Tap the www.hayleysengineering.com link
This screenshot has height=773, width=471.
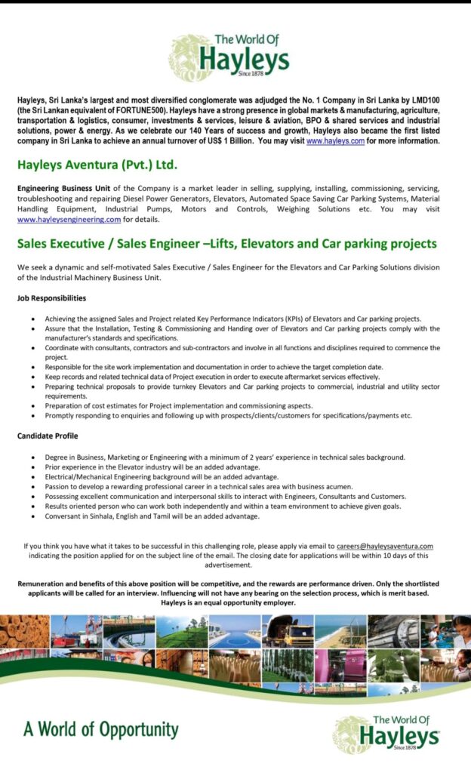point(69,220)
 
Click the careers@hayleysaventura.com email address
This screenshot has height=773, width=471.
point(385,546)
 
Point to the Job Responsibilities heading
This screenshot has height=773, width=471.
point(51,298)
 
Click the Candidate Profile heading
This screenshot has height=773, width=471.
point(48,436)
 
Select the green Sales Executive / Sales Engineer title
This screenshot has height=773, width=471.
point(226,244)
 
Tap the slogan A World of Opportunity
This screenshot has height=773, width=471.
point(100,730)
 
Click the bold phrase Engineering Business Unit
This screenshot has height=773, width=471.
point(64,188)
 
